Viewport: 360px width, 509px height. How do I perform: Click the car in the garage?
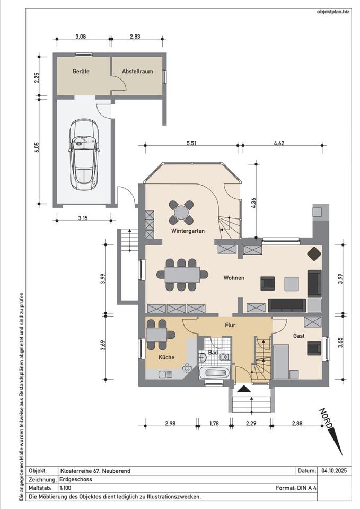point(84,155)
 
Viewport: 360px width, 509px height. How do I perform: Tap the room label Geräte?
point(81,71)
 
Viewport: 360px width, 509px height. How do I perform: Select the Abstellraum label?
point(137,71)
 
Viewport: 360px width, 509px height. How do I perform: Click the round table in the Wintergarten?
point(181,213)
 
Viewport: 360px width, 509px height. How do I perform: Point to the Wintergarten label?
point(188,231)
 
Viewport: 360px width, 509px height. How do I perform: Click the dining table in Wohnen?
point(182,275)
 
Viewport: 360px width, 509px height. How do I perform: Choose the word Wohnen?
point(234,278)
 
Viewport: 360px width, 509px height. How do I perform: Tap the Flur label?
point(230,325)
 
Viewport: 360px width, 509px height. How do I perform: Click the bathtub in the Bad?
point(214,373)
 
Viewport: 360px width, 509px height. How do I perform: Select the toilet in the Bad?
point(224,357)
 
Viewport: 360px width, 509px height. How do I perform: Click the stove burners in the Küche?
point(187,367)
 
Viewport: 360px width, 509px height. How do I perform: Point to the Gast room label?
point(298,336)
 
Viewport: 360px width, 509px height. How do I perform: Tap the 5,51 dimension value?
point(191,143)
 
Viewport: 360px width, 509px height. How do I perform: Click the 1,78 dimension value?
point(214,423)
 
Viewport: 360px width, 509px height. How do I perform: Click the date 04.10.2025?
point(334,470)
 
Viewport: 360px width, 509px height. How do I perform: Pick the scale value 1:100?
point(66,488)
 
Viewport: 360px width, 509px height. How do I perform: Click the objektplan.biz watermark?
point(333,11)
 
